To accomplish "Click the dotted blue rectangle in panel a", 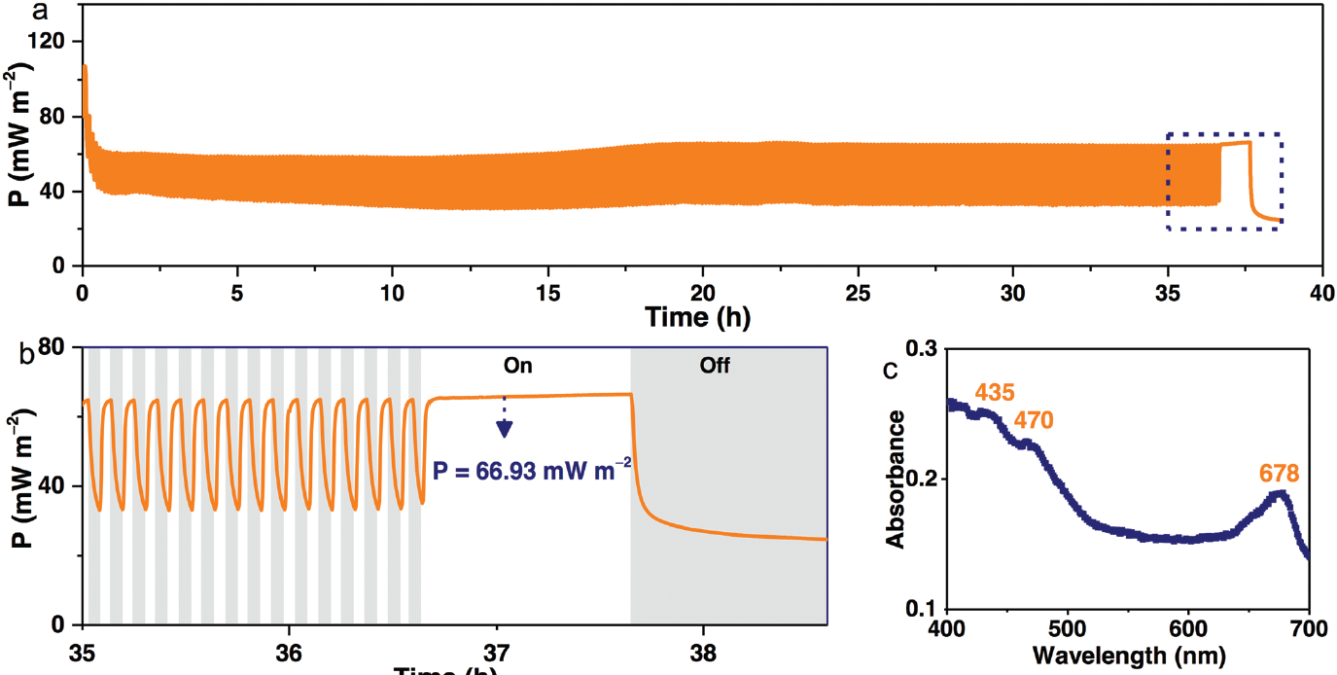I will point(1223,133).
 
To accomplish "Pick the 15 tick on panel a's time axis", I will point(547,293).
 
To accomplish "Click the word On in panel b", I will point(518,367).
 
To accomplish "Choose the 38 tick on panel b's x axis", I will point(703,649).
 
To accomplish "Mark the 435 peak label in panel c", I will point(995,393).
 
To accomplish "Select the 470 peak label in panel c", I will point(1033,420).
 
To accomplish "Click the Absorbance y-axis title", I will point(896,479).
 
